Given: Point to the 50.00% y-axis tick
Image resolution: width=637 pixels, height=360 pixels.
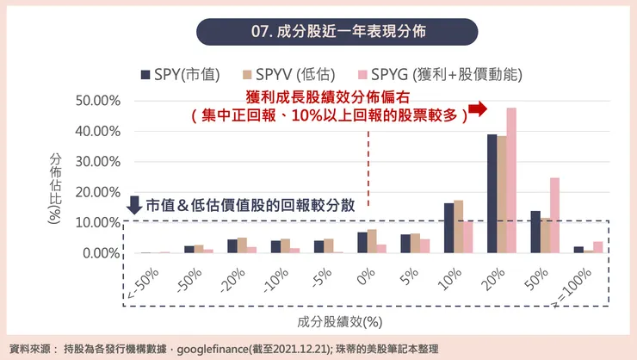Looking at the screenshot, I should (x=97, y=101).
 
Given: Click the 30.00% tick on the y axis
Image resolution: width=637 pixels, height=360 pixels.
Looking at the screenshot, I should (x=97, y=162).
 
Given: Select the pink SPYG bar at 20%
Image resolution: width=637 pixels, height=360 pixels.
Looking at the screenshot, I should (x=511, y=180).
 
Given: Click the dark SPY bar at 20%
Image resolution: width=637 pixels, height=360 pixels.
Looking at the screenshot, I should (x=492, y=194).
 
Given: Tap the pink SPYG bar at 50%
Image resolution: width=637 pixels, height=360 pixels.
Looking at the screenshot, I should (x=554, y=215).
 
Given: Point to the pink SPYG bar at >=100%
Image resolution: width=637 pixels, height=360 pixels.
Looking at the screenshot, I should (x=598, y=247).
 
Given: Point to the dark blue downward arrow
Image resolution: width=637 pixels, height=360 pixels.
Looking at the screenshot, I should (x=134, y=205).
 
